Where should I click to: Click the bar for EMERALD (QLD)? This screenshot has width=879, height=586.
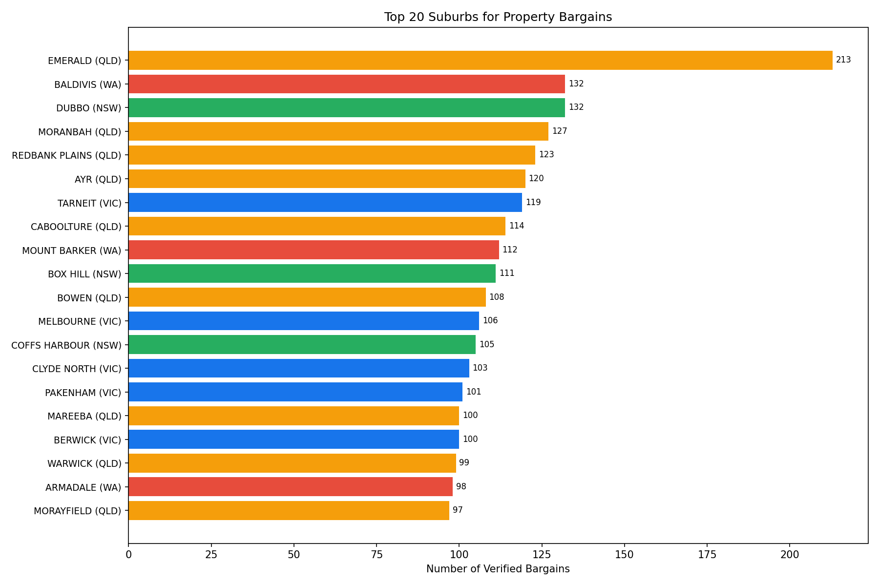click(x=480, y=61)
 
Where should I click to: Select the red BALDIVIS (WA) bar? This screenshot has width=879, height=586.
click(x=347, y=84)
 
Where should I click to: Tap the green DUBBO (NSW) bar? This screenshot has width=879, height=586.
click(x=347, y=107)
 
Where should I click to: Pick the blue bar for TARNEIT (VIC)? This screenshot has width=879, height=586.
click(x=325, y=202)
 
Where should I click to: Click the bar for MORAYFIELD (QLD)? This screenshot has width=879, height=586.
click(x=289, y=510)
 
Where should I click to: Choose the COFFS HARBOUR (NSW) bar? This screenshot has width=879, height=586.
click(x=302, y=345)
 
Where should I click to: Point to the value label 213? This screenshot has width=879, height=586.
click(x=843, y=60)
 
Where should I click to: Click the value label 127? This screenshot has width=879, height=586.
click(x=560, y=131)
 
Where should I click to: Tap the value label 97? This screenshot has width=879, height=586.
click(x=458, y=510)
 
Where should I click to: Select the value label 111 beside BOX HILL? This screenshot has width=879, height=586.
click(x=507, y=273)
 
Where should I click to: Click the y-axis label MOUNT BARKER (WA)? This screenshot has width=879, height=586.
click(x=71, y=251)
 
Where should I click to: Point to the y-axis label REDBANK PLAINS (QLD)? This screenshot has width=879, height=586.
click(x=66, y=155)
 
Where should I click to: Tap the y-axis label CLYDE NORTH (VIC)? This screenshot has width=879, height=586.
click(x=77, y=369)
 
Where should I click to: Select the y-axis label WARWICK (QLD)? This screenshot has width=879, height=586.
click(x=84, y=463)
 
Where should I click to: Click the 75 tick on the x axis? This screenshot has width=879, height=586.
click(x=377, y=555)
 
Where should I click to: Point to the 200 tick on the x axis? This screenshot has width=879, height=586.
click(x=790, y=555)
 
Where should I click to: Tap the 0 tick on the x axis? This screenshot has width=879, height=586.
click(x=128, y=555)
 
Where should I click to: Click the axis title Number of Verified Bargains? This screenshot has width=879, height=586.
click(x=498, y=569)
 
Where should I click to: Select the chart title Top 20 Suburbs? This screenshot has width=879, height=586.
click(x=498, y=17)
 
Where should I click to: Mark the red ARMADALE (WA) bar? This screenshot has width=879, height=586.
click(x=291, y=487)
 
